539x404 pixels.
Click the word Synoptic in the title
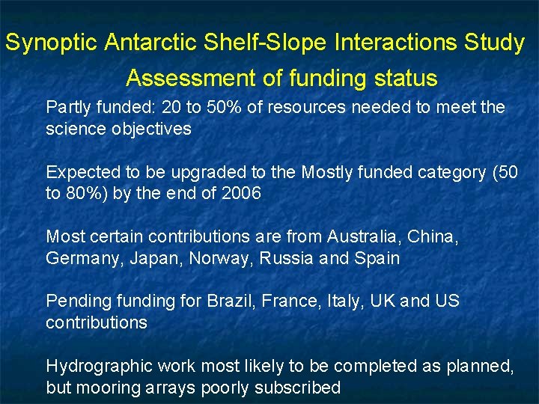(x=51, y=43)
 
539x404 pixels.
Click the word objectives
(x=153, y=129)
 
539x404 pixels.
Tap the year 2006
(x=243, y=194)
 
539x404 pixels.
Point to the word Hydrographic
(x=94, y=367)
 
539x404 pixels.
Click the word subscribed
(x=297, y=388)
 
